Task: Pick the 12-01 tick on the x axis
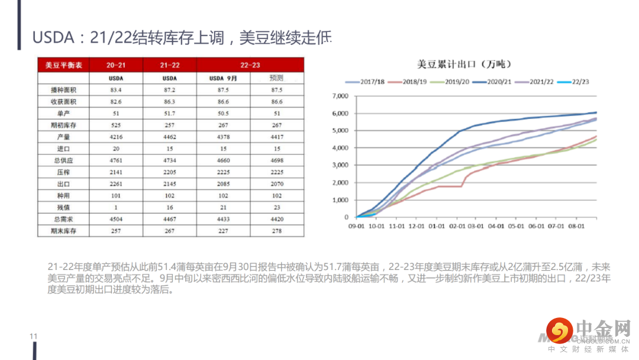pyautogui.click(x=417, y=226)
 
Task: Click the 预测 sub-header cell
pyautogui.click(x=276, y=78)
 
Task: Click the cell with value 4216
pyautogui.click(x=116, y=136)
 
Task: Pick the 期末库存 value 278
pyautogui.click(x=276, y=231)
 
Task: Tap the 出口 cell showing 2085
pyautogui.click(x=224, y=184)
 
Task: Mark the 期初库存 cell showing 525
pyautogui.click(x=116, y=125)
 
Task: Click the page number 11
pyautogui.click(x=33, y=337)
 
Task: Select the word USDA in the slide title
pyautogui.click(x=54, y=38)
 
